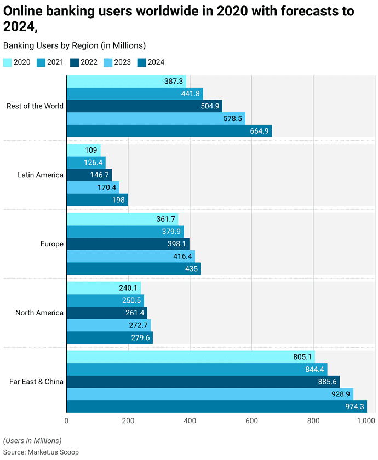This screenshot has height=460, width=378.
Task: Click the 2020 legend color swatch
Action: click(8, 62)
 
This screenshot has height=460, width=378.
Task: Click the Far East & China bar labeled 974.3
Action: click(216, 406)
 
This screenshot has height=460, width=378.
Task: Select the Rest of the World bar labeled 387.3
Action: click(126, 81)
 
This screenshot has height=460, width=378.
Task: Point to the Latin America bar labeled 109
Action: click(83, 150)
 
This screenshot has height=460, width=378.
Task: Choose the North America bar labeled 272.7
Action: click(108, 325)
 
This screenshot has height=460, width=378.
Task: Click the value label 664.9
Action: click(259, 131)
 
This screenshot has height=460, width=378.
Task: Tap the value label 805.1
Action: click(302, 357)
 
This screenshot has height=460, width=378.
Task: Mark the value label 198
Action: click(118, 200)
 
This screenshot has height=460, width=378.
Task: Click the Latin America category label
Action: click(41, 175)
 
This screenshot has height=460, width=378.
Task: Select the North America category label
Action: click(39, 313)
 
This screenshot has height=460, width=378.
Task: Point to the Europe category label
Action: click(51, 244)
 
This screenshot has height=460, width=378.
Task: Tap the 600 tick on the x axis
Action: click(251, 421)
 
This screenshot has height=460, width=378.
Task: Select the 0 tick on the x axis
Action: click(66, 421)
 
